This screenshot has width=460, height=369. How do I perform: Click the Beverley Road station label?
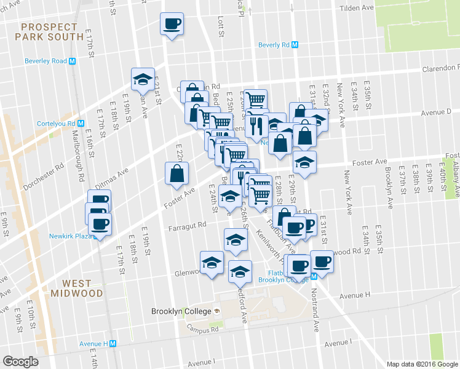point(50,61)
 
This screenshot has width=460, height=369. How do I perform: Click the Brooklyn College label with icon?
point(185,311)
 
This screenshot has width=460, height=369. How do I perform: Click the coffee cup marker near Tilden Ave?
point(172,25)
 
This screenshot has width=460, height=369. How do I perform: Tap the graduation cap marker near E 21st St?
point(143,80)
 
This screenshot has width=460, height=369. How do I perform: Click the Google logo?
point(20,361)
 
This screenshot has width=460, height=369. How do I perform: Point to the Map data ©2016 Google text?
point(421,364)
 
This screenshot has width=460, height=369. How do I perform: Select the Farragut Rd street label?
point(187,226)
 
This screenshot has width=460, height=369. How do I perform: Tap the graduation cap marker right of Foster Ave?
point(304,163)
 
